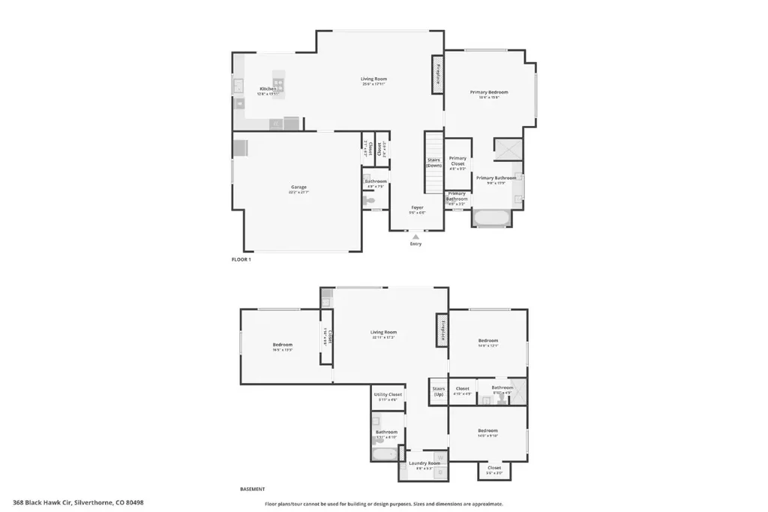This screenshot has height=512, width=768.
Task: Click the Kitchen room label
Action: [x=268, y=88]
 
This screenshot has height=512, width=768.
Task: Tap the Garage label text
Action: [x=298, y=187]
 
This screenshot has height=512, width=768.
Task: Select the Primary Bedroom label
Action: [x=489, y=92]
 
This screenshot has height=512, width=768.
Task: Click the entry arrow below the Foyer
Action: [x=415, y=236]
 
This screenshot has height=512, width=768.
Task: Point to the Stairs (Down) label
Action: [x=434, y=163]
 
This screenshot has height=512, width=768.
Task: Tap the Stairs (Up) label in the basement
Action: [x=439, y=391]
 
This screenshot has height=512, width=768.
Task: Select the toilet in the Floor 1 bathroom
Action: [x=369, y=200]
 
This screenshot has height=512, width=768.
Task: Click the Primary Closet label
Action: [x=457, y=160]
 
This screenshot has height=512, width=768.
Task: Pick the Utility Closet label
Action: [x=388, y=395]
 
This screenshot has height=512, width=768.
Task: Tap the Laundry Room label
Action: [x=421, y=463]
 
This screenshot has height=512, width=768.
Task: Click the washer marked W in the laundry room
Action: [x=440, y=457]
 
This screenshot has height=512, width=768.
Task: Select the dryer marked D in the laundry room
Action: [x=440, y=472]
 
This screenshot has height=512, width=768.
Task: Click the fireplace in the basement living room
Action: [x=442, y=330]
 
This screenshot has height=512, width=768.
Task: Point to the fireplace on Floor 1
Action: [x=437, y=75]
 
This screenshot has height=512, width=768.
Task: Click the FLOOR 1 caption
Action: [x=241, y=259]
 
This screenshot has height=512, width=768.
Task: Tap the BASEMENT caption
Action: [x=252, y=489]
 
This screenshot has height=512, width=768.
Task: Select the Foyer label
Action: [x=417, y=208]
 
